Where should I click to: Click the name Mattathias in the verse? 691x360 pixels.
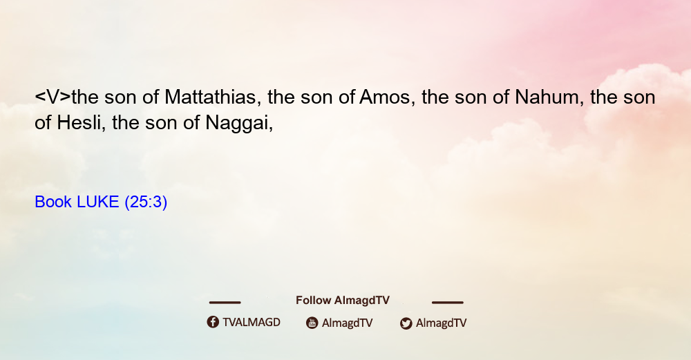pyautogui.click(x=210, y=97)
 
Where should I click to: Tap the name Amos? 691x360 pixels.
pyautogui.click(x=385, y=97)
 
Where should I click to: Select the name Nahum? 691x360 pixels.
pyautogui.click(x=547, y=97)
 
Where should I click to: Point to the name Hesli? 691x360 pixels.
pyautogui.click(x=79, y=122)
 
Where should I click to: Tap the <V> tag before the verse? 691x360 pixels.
pyautogui.click(x=53, y=97)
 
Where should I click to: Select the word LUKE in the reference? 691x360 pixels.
pyautogui.click(x=98, y=202)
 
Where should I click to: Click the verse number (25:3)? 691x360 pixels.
pyautogui.click(x=146, y=202)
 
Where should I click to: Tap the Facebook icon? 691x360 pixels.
pyautogui.click(x=213, y=322)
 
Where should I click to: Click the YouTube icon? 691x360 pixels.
pyautogui.click(x=312, y=323)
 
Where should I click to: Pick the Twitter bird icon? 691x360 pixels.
pyautogui.click(x=406, y=323)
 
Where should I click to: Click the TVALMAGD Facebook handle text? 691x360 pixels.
pyautogui.click(x=252, y=323)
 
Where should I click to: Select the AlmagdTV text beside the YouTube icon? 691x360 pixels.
pyautogui.click(x=348, y=323)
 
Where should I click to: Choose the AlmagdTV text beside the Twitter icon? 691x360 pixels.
pyautogui.click(x=441, y=323)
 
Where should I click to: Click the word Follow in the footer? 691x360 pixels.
pyautogui.click(x=313, y=300)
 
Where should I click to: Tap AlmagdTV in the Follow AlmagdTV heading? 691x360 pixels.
pyautogui.click(x=362, y=301)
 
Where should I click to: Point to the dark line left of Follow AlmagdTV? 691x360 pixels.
pyautogui.click(x=225, y=302)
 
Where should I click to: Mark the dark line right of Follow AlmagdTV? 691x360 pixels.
pyautogui.click(x=448, y=302)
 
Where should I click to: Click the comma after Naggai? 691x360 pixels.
pyautogui.click(x=271, y=129)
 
